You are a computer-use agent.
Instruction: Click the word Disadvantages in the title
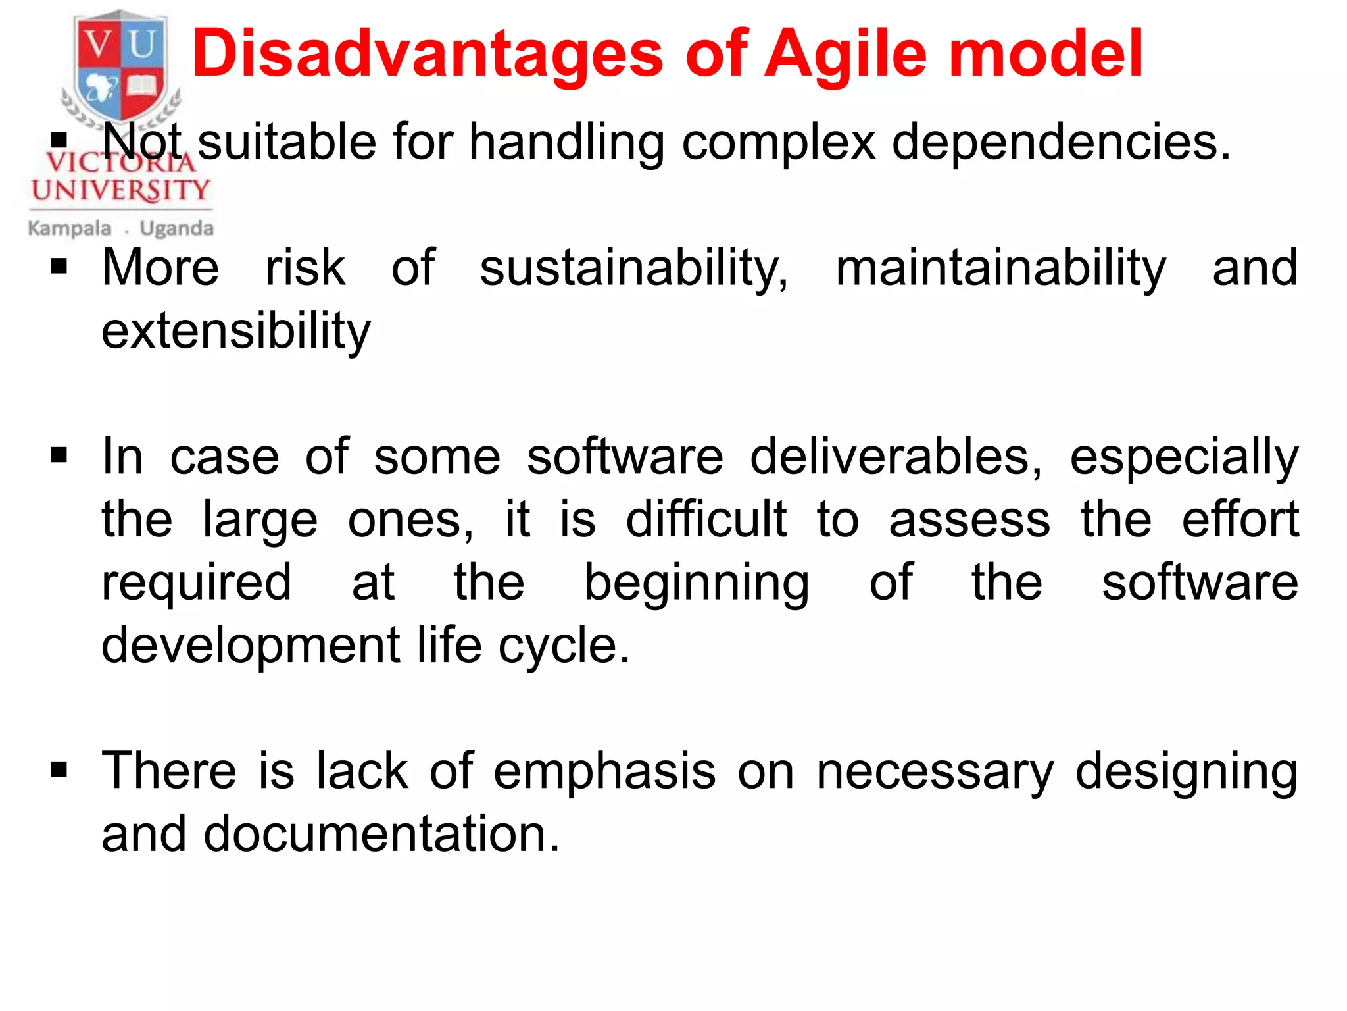click(427, 54)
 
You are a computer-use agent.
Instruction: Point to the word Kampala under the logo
click(69, 228)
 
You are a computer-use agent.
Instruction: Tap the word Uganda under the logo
click(176, 228)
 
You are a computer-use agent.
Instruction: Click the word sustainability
click(633, 268)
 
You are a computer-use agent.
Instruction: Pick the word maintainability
click(1000, 268)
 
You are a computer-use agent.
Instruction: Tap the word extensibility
click(236, 330)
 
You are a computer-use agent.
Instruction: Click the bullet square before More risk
click(59, 267)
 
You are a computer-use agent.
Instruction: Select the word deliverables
click(896, 456)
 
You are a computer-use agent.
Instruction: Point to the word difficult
click(706, 519)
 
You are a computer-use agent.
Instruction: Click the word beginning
click(697, 583)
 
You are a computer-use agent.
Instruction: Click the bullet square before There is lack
click(59, 769)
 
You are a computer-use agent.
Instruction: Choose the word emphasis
click(604, 771)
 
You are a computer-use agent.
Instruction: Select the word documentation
click(381, 834)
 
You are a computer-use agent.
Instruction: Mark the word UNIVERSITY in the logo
click(120, 190)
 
